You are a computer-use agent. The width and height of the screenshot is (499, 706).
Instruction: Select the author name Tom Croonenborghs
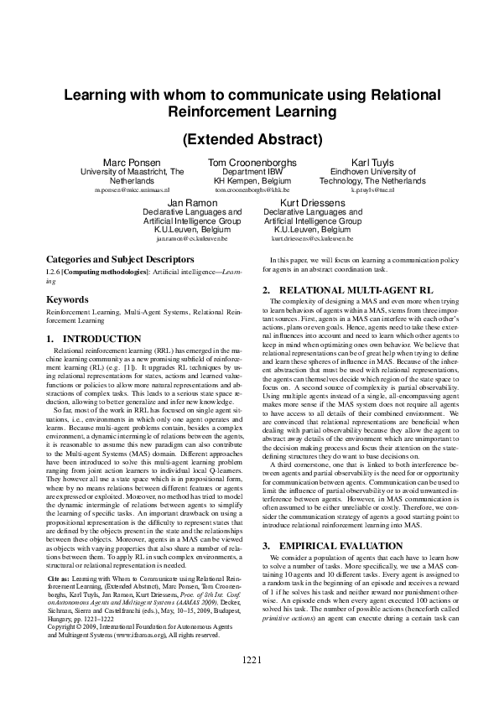pos(248,161)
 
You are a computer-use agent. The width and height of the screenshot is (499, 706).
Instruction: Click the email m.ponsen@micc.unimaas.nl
pos(132,191)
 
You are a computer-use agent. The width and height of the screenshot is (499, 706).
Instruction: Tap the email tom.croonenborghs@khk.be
pos(248,191)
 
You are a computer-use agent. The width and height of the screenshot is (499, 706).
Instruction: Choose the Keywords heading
pos(68,298)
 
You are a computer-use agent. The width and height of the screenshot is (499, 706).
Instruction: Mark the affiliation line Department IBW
pos(248,171)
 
